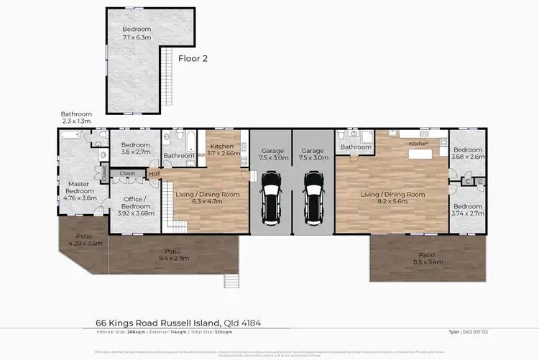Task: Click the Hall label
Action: point(154,173)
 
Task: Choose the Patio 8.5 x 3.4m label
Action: point(427,259)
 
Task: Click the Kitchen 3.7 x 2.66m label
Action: point(222,149)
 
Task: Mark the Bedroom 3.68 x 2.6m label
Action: point(468,153)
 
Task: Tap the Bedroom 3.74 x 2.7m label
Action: point(468,209)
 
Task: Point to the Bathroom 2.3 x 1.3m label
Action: point(76,117)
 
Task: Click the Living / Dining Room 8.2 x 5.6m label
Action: point(392,198)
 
